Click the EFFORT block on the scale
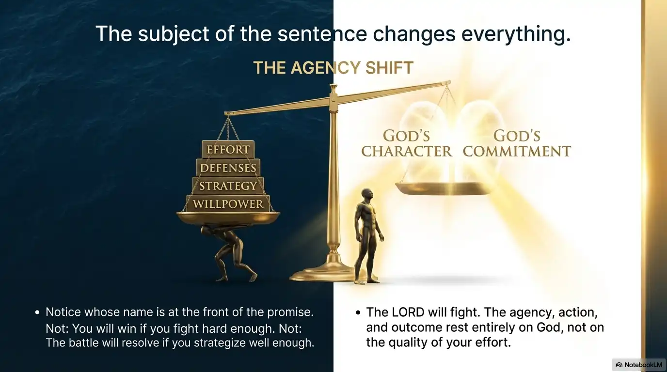point(228,150)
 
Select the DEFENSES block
point(228,168)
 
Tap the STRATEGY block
point(228,186)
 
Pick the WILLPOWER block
point(228,204)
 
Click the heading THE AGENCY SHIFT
point(333,68)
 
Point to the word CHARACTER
point(406,151)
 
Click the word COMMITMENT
point(517,151)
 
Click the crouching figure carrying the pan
point(232,252)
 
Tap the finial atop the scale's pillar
point(333,89)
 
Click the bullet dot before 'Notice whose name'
point(37,312)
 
